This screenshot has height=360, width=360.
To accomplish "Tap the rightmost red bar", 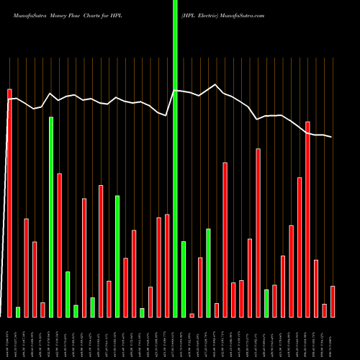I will point(333,302).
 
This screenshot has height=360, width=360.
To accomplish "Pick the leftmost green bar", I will point(18,312).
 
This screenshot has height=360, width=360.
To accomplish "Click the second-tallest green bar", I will point(51,217).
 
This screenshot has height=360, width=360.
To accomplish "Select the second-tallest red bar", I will point(308,220).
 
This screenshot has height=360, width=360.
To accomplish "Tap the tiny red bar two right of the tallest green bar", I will point(192,315).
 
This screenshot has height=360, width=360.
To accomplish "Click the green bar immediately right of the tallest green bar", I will point(184,279).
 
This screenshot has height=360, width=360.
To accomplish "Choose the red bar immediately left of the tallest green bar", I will point(167,266).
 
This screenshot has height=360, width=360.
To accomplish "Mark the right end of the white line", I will point(332,137).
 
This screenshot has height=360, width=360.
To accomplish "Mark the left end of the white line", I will point(9,99).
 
